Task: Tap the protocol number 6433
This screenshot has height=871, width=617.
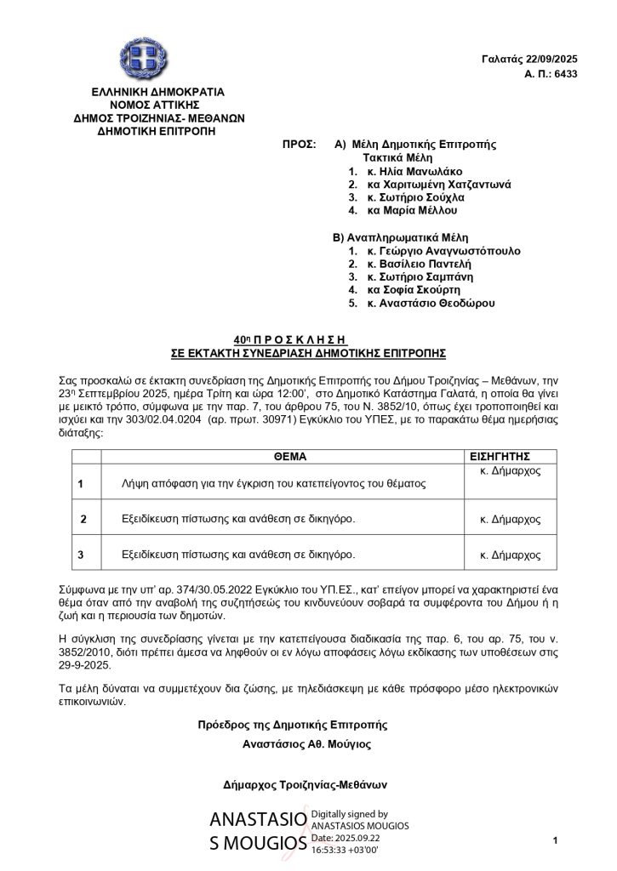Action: click(x=565, y=74)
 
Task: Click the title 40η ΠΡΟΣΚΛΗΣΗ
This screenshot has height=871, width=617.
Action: click(x=309, y=338)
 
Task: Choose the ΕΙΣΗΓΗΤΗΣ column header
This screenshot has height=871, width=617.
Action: click(x=506, y=456)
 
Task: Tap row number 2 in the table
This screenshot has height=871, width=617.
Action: click(x=83, y=519)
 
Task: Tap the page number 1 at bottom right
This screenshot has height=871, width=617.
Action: click(x=554, y=841)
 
